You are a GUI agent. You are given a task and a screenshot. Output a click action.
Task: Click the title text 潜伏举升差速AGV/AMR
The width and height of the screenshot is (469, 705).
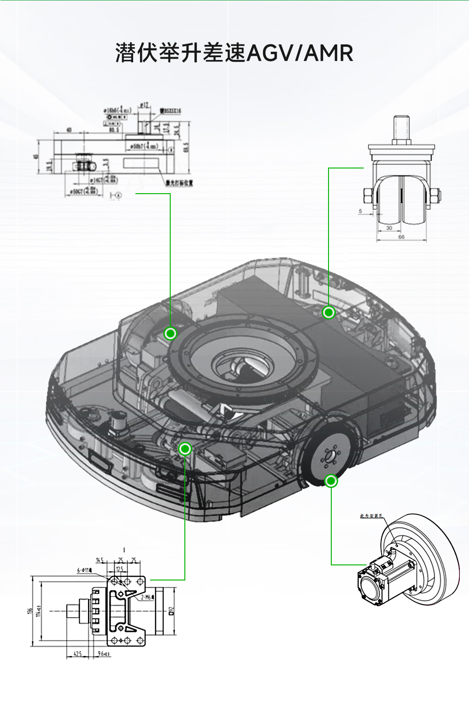pos(234,53)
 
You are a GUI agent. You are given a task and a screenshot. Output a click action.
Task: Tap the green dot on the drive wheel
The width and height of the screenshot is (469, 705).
pos(331,481)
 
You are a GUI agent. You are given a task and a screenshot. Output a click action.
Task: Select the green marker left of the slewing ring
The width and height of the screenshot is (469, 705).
pos(170,334)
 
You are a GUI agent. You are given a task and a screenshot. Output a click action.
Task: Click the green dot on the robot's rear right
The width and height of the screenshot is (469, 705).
pos(329,313)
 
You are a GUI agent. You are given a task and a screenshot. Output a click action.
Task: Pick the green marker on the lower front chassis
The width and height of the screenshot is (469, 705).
pos(185,449)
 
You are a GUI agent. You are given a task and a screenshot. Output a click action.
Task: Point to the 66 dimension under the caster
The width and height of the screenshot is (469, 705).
pos(401,237)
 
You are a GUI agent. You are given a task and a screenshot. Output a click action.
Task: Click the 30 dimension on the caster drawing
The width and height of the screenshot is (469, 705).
pos(389,228)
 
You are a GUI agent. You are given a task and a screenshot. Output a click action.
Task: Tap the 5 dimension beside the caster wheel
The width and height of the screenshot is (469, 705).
pos(361,211)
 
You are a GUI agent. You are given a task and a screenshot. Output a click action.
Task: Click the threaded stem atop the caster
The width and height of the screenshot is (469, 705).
pos(401,129)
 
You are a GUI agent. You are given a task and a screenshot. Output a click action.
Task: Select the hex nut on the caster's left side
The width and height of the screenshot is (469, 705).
pos(368,196)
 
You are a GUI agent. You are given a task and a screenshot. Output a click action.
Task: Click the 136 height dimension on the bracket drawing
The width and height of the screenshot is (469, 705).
pos(30,611)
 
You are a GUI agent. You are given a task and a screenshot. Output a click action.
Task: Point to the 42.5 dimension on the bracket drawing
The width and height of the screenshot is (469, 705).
pos(78,654)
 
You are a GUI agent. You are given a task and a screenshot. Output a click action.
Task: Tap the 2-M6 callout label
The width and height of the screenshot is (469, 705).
pos(146,597)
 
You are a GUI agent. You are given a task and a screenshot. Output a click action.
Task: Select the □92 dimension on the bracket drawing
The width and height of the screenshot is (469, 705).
pos(172,611)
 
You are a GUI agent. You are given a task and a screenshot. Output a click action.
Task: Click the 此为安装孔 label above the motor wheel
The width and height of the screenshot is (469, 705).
pos(371,516)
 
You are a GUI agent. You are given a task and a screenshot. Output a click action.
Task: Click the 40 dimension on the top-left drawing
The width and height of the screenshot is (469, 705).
pos(69,130)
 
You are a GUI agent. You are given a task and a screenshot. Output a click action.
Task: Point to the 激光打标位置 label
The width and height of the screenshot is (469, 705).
pos(179,183)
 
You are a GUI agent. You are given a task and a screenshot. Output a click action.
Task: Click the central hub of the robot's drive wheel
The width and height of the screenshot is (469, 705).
pos(329,456)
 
